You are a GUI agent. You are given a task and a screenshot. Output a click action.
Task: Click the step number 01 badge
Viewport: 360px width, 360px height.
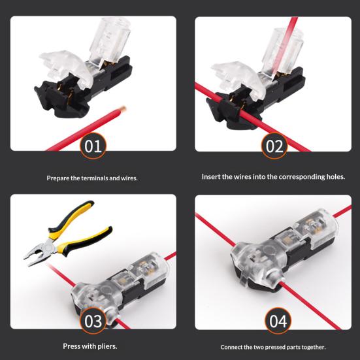tap(93, 146)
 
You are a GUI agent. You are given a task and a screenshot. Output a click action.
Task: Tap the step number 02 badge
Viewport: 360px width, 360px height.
tap(274, 146)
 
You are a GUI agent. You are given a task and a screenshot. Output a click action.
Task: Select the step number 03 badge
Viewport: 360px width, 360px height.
tap(93, 321)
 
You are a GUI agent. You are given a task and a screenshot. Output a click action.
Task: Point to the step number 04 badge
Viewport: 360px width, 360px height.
tap(278, 321)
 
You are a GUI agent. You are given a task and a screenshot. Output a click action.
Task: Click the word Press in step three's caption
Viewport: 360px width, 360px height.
tap(71, 346)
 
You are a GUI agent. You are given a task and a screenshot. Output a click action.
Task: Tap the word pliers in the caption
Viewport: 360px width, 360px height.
tap(107, 346)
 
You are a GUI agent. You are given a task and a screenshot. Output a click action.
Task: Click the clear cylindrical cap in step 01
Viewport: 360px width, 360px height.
tap(110, 39)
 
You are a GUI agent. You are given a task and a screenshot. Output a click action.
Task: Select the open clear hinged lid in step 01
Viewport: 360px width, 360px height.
tap(67, 67)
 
